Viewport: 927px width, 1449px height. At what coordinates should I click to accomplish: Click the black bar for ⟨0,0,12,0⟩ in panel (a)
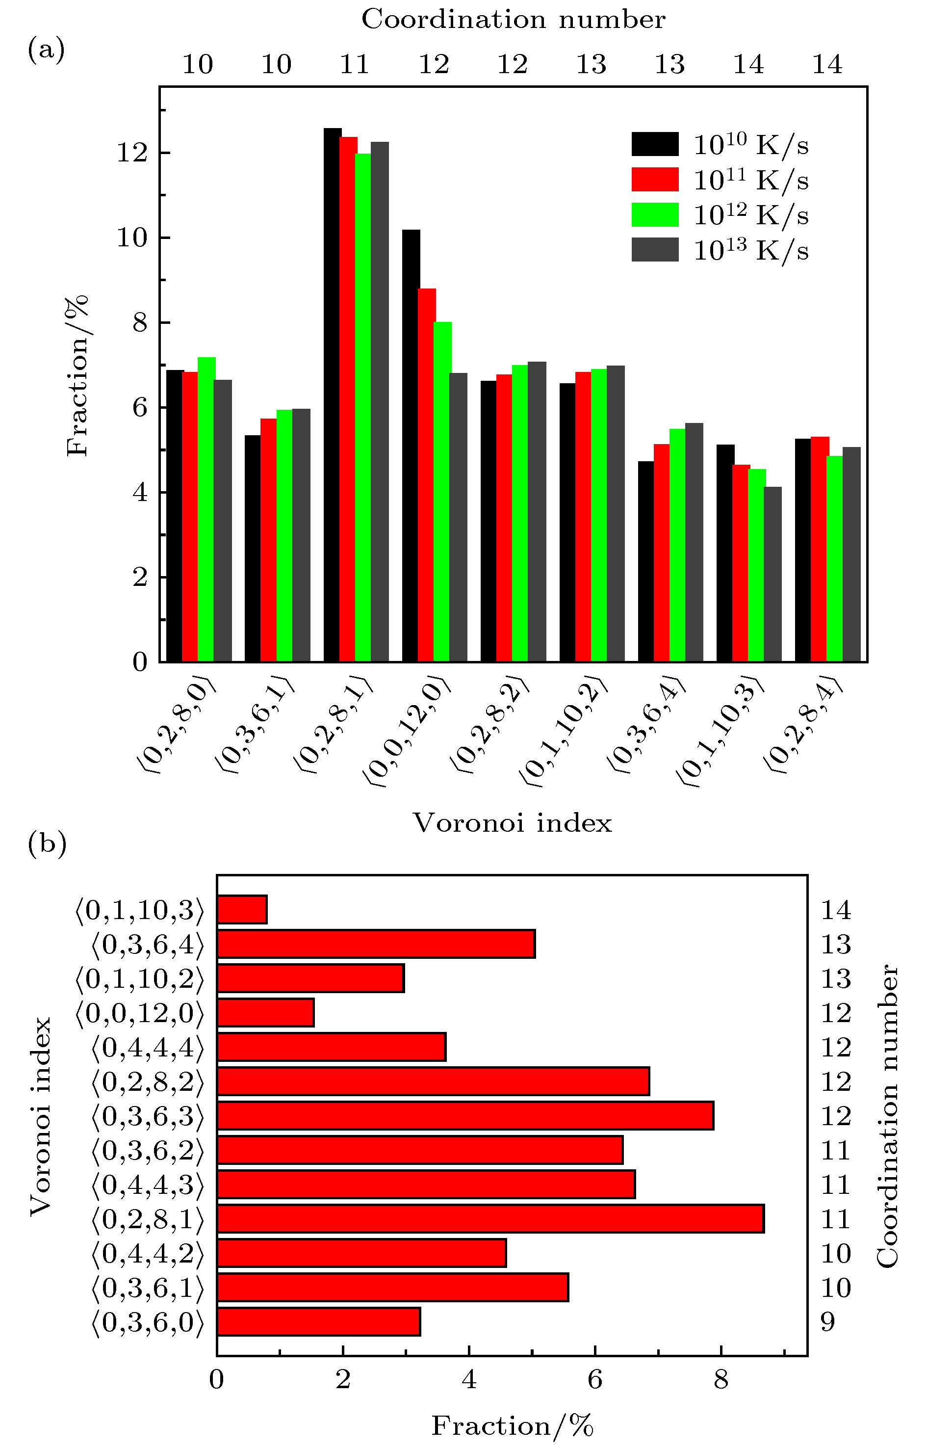tap(411, 446)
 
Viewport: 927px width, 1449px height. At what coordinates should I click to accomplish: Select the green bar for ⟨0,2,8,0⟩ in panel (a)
tap(206, 509)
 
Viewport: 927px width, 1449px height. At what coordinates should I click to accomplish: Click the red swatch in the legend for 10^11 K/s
tap(655, 180)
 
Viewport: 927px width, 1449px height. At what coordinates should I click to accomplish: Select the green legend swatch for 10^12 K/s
tap(655, 214)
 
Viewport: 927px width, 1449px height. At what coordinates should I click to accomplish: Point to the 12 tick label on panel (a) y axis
tap(132, 154)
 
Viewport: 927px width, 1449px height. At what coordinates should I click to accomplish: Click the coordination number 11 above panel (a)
tap(355, 64)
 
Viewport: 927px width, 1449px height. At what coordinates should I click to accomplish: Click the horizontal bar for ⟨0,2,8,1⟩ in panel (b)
tap(490, 1219)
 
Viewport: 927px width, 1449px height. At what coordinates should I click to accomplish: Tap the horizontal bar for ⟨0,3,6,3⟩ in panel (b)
tap(464, 1116)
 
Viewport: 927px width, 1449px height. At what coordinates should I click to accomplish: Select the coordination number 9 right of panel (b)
tap(828, 1322)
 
